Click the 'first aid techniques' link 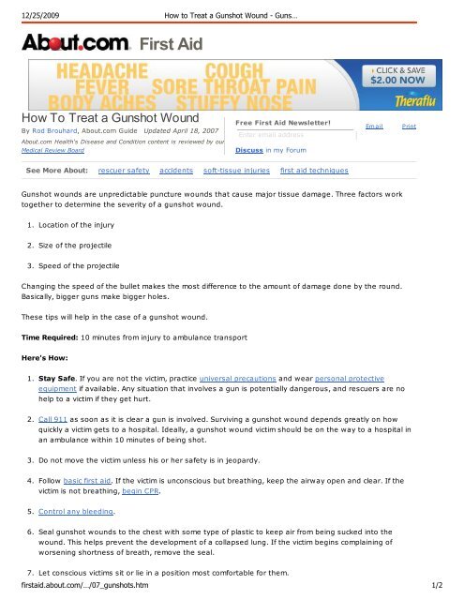coord(314,171)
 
